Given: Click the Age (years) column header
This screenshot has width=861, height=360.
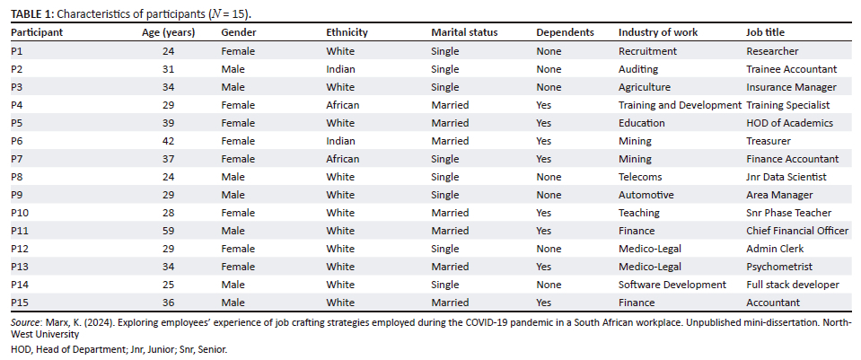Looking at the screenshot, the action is pos(169,32).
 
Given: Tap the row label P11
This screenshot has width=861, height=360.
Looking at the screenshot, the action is pos(19,231).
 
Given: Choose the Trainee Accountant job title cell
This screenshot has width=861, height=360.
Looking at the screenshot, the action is pos(791,69).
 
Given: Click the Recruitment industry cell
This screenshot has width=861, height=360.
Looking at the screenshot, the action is pos(647,51).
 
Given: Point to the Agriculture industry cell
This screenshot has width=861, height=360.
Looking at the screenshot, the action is pos(645,87).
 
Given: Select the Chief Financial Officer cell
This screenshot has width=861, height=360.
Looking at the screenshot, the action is pos(797,231).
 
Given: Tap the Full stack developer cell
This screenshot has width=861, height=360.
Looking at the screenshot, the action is pos(793,285).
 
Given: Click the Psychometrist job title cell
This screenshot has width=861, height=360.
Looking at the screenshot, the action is pos(779,267).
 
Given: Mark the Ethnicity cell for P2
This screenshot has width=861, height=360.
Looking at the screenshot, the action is pos(340,69).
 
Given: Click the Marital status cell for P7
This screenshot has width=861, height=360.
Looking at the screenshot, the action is pos(444,159).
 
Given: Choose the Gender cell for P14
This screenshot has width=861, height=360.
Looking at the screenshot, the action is pos(233,285).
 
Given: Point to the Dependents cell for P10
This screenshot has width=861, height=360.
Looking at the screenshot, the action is pos(543,213).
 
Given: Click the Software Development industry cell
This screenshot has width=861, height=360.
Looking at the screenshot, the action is pos(672,285).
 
